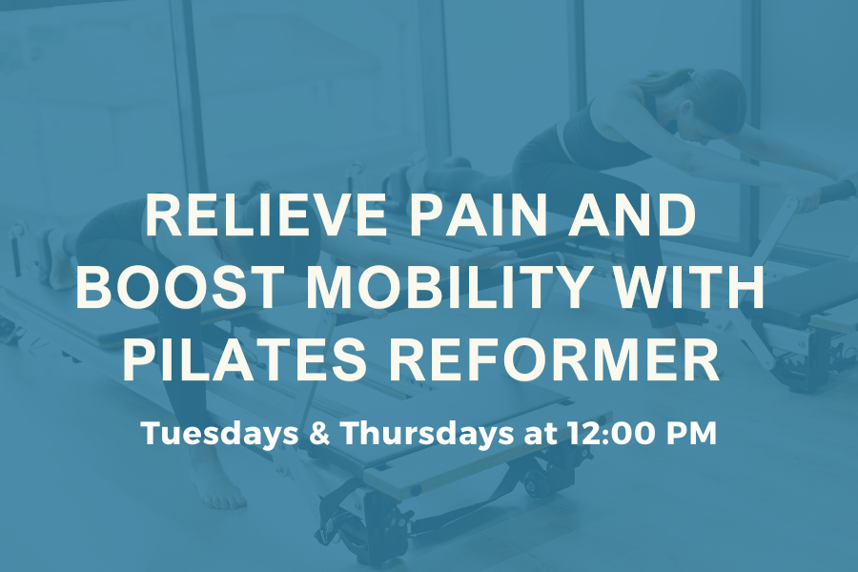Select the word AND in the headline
(631, 214)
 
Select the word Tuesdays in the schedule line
(220, 433)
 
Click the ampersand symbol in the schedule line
(320, 434)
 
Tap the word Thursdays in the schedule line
(428, 433)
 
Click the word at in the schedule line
(541, 435)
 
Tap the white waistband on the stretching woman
(563, 141)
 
